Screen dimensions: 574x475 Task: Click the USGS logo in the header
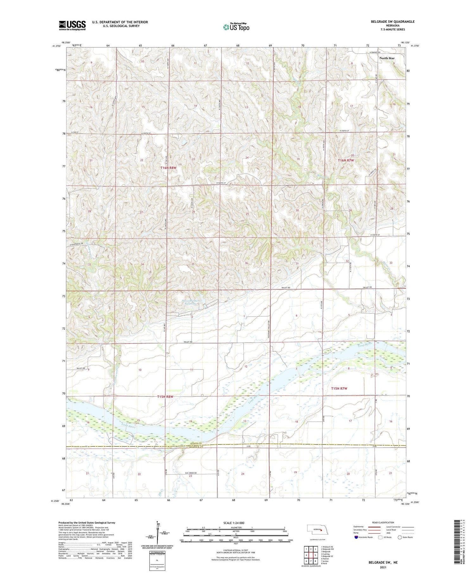click(x=72, y=25)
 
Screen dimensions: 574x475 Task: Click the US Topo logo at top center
click(x=236, y=27)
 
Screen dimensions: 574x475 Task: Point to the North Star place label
click(x=387, y=58)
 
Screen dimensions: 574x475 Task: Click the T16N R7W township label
click(x=345, y=161)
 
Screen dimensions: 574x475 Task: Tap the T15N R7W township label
click(x=339, y=388)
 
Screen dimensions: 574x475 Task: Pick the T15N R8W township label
click(x=166, y=397)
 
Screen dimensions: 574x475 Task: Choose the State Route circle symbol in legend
click(x=400, y=537)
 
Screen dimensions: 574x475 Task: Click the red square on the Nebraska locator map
click(x=321, y=529)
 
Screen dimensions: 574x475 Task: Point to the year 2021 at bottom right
click(x=383, y=568)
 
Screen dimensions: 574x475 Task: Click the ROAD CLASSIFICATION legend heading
click(x=383, y=522)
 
